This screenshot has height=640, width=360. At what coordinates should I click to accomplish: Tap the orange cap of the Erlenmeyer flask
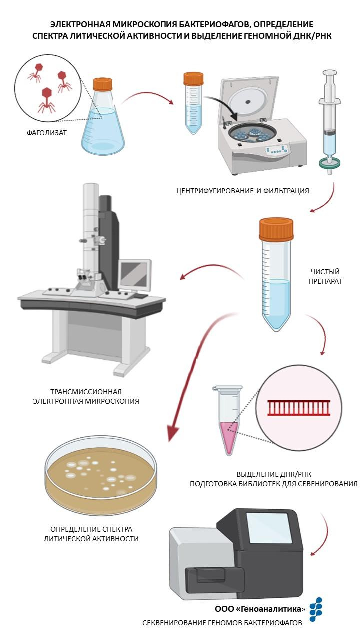(x=103, y=83)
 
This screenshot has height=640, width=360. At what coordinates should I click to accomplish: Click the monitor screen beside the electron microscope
(x=135, y=274)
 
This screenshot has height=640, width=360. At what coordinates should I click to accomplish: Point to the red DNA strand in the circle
(x=299, y=408)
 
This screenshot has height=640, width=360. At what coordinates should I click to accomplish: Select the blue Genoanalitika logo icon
(x=316, y=609)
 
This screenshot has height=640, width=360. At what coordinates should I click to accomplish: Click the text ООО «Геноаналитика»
(x=260, y=609)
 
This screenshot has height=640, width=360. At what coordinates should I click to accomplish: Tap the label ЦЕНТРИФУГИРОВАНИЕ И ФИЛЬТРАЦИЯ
(x=242, y=190)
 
